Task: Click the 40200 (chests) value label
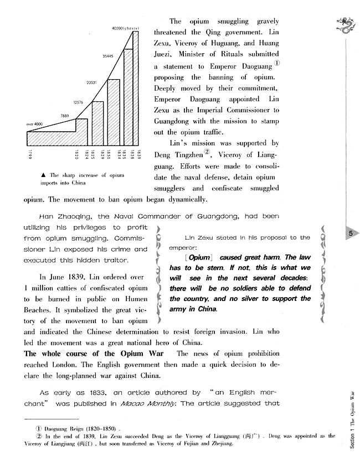point(124,28)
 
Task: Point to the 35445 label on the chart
point(109,55)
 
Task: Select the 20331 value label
point(92,82)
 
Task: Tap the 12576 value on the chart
point(78,102)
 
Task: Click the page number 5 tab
point(351,233)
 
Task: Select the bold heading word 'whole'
point(52,354)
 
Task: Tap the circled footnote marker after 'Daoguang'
point(277,63)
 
